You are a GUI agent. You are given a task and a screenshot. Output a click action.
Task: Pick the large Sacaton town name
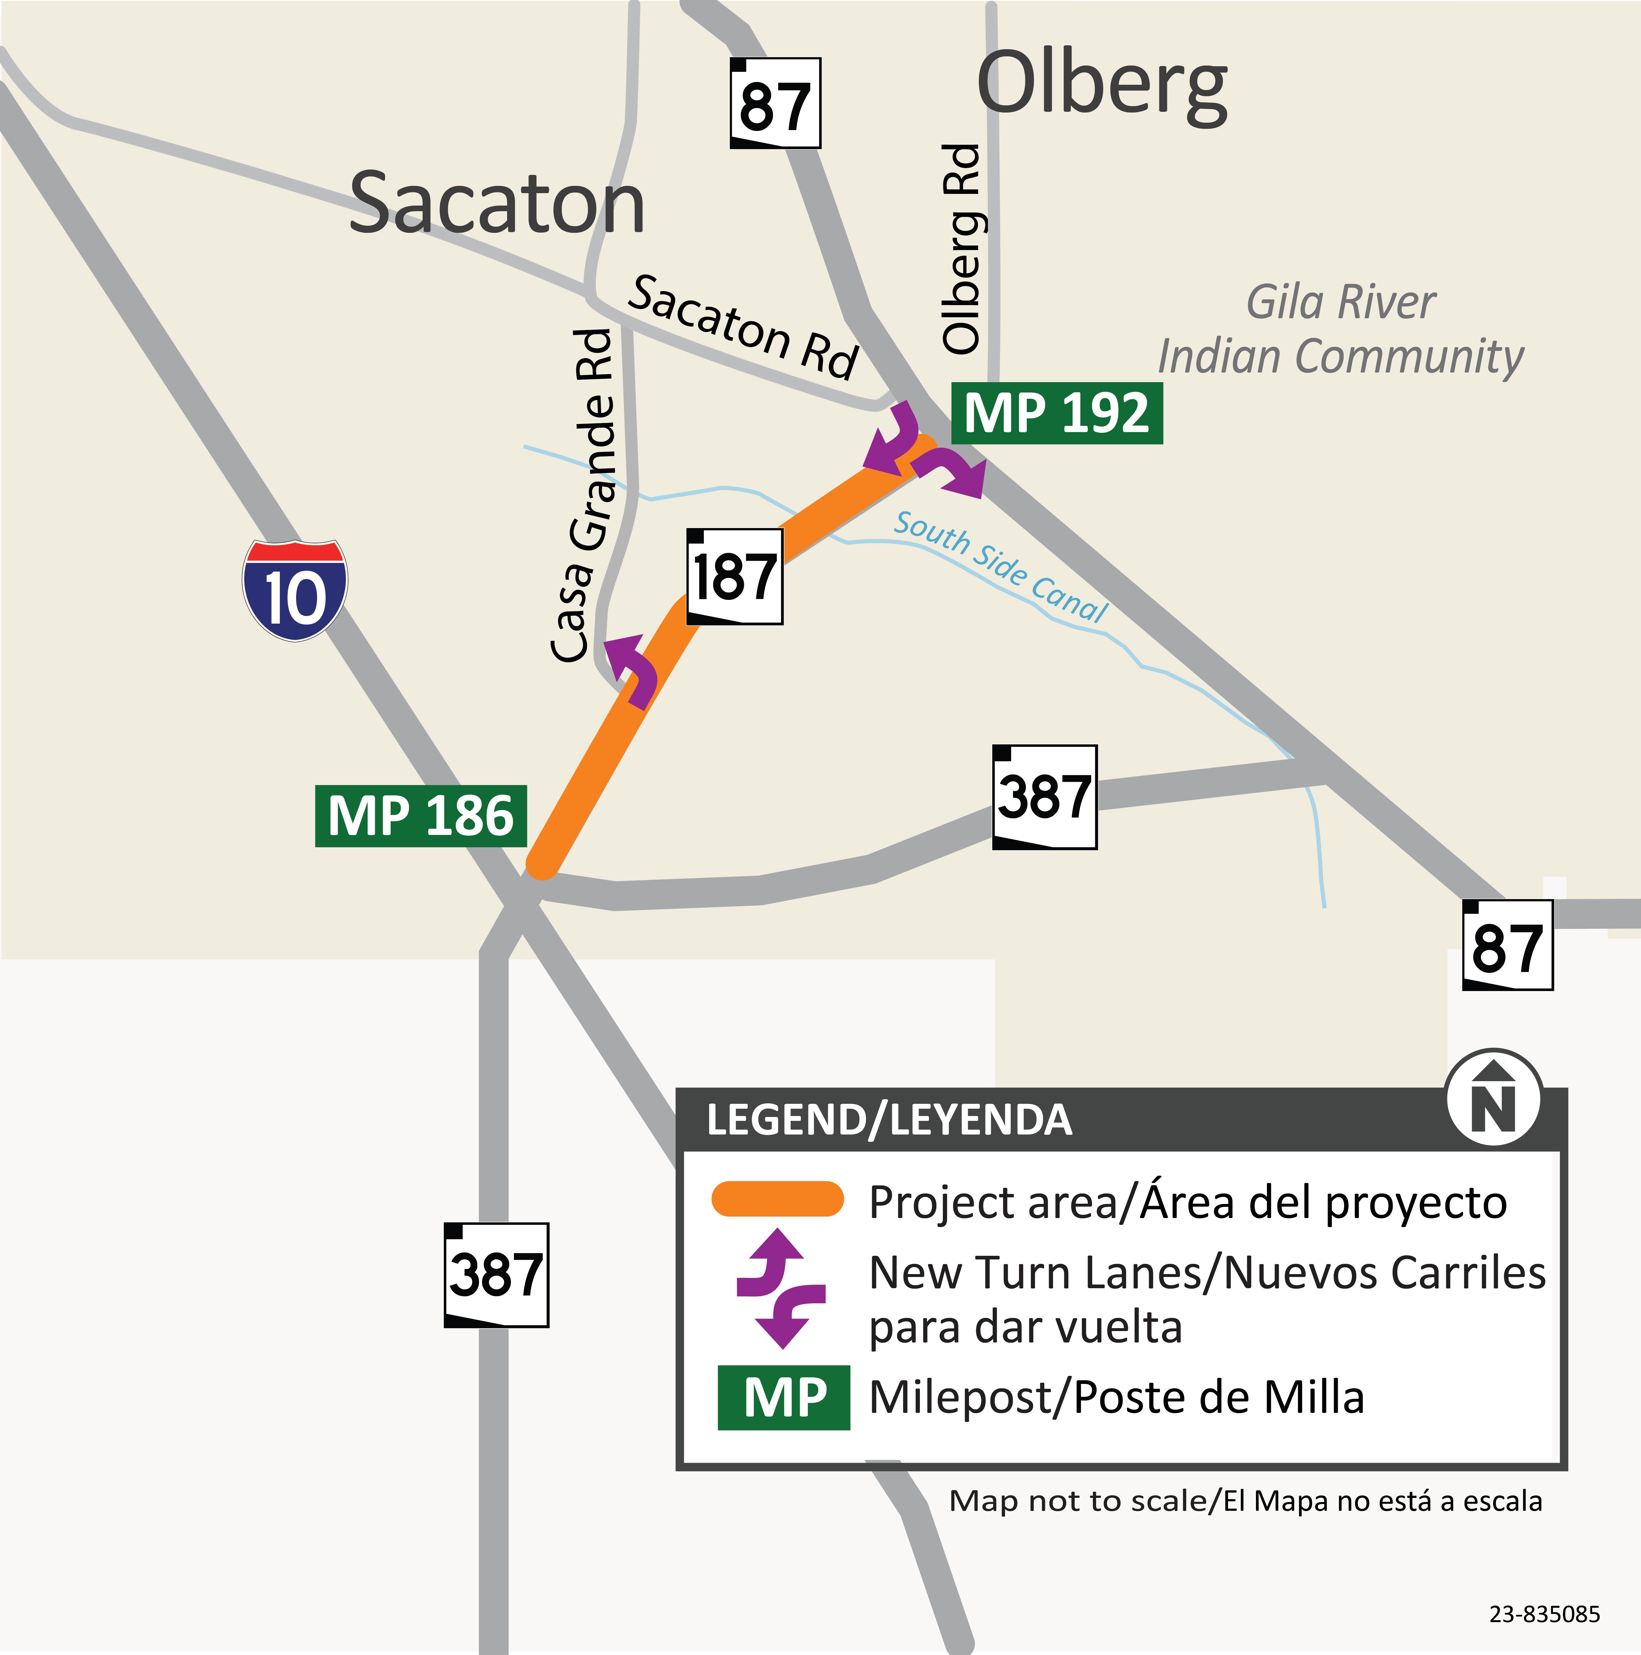click(497, 204)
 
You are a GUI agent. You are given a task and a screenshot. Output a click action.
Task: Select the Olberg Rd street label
click(961, 248)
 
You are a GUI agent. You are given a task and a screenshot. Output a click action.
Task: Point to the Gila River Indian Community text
click(1340, 330)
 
